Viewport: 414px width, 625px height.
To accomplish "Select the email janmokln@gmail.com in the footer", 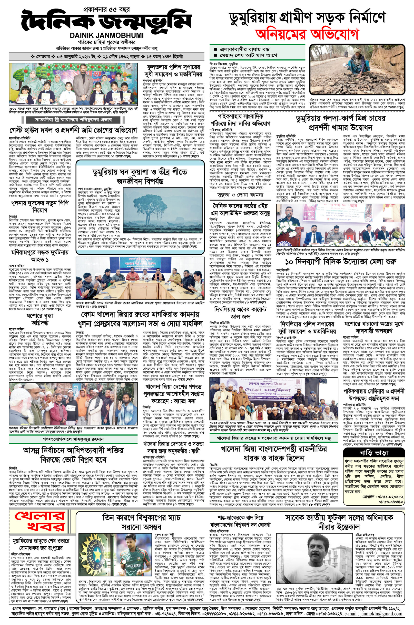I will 388,619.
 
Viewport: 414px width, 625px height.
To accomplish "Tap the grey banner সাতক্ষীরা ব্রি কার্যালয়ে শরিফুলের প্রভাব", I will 74,120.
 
